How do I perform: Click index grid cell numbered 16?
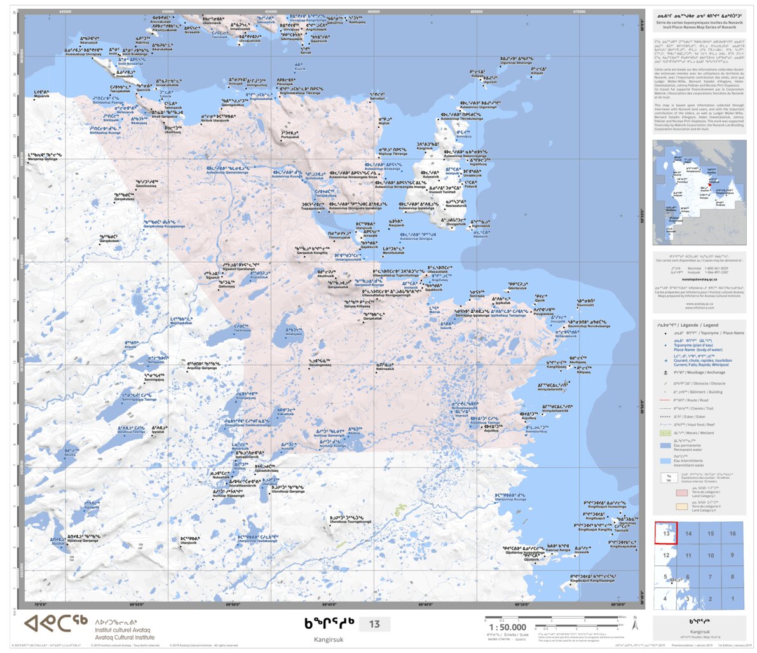pyautogui.click(x=732, y=533)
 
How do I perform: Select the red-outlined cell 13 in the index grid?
pyautogui.click(x=665, y=533)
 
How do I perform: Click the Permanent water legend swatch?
pyautogui.click(x=665, y=447)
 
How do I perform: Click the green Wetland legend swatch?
pyautogui.click(x=665, y=433)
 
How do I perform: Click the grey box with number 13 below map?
pyautogui.click(x=374, y=624)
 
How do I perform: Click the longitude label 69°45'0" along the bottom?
pyautogui.click(x=329, y=605)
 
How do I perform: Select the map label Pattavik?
pyautogui.click(x=470, y=186)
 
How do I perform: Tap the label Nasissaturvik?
pyautogui.click(x=456, y=205)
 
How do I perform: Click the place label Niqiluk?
pyautogui.click(x=384, y=123)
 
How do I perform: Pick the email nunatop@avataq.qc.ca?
pyautogui.click(x=699, y=279)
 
